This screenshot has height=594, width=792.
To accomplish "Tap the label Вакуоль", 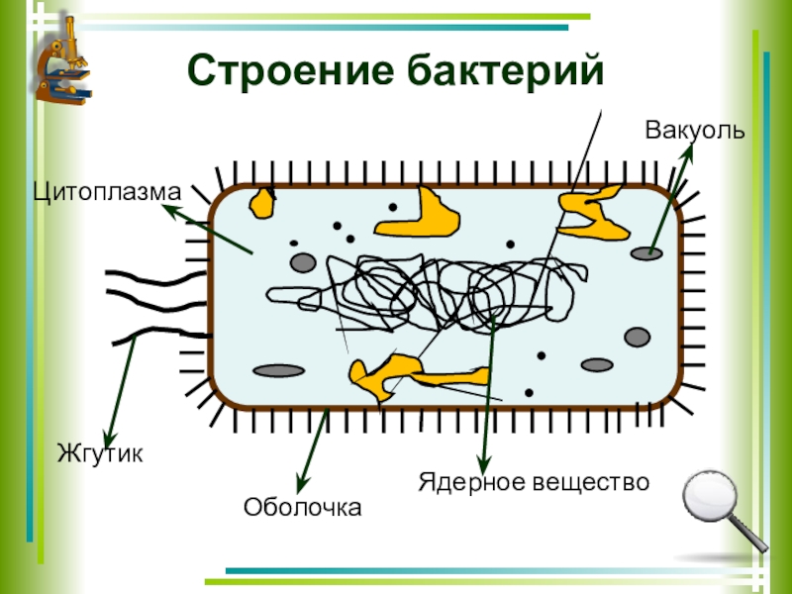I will point(694,131).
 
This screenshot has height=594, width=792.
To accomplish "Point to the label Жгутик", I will point(100,455).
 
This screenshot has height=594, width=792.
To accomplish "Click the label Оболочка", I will point(303,508).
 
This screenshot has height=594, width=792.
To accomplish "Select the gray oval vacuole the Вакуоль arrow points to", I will point(646,253).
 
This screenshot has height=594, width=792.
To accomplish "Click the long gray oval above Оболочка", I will point(278,370).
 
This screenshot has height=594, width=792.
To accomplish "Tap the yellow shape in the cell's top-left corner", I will point(262,201).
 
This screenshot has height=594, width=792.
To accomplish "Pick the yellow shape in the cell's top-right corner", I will point(593,212).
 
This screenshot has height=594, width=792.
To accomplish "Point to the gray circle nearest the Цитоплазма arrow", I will point(303,262).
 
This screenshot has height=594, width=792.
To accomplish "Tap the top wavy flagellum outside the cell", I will point(148,275).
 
